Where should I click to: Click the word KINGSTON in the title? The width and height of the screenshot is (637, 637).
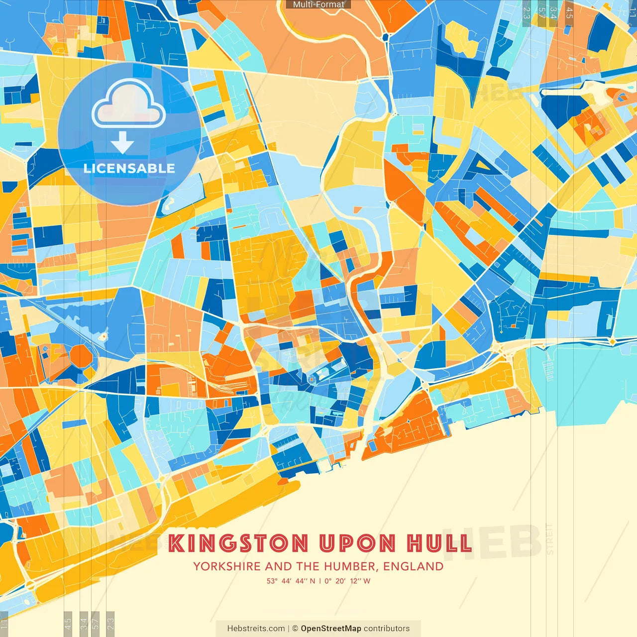coord(238,543)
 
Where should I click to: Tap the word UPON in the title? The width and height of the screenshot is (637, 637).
coord(357,543)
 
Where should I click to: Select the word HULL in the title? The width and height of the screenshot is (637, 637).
coord(439,543)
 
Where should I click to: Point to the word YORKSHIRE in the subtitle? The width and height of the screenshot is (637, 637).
coord(227,566)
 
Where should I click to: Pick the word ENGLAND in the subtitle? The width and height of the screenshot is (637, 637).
coord(414,566)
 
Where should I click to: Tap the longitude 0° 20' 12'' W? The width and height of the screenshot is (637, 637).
coord(347,581)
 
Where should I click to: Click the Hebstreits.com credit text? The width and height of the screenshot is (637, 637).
coord(256,629)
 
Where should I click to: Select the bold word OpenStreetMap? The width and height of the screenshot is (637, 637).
coord(331,629)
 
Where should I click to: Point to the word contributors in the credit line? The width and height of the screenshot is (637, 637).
coord(387,629)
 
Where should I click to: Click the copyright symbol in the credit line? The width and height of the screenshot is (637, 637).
coord(295,629)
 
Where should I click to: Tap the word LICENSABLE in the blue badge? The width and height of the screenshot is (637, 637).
coord(129,168)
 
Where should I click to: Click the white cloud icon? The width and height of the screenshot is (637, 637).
coord(129,104)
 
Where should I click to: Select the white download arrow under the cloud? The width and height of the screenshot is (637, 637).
coord(122,143)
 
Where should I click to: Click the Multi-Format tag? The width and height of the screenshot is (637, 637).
coord(318,4)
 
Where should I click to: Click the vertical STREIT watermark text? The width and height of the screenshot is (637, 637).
coord(549,538)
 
